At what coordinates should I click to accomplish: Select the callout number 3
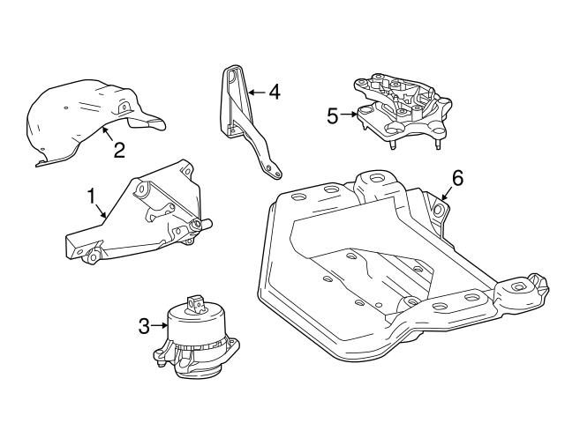tap(145, 327)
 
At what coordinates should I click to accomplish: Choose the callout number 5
tap(333, 115)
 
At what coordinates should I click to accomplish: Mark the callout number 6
tap(456, 177)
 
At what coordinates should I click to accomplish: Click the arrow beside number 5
tap(350, 115)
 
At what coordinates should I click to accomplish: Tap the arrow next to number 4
tap(256, 91)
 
